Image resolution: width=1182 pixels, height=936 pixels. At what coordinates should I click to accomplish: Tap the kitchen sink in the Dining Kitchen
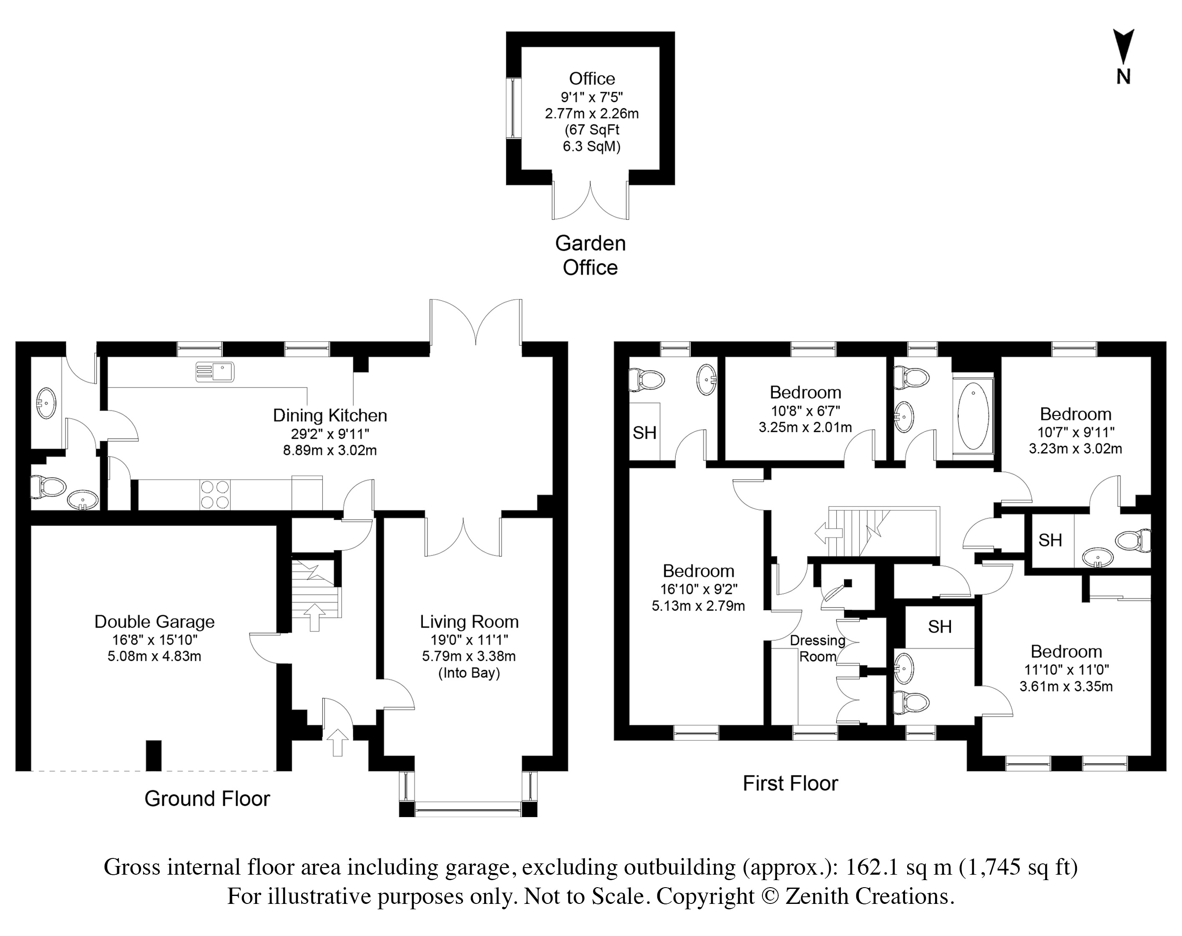pos(215,372)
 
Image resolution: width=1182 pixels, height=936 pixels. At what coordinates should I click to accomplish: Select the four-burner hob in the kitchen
pos(215,494)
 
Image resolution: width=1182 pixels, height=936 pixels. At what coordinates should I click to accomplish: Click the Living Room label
pos(469,621)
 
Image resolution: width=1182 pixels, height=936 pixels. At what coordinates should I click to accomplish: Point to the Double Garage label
pos(155,621)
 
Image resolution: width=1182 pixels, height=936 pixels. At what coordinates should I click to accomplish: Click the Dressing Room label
pos(817,648)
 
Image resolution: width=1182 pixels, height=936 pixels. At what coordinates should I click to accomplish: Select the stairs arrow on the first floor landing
pos(828,533)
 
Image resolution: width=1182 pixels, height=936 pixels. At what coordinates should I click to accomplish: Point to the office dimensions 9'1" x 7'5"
pos(591,97)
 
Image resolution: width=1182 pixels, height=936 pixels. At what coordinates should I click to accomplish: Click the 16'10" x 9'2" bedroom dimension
pos(699,589)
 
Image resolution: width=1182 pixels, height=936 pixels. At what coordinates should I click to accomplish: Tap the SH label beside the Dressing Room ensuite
pos(940,627)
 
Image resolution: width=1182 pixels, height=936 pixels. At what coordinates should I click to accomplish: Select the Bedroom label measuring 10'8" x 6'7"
pos(805,393)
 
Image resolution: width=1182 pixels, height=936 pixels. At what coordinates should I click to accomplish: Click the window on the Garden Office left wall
pos(513,108)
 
